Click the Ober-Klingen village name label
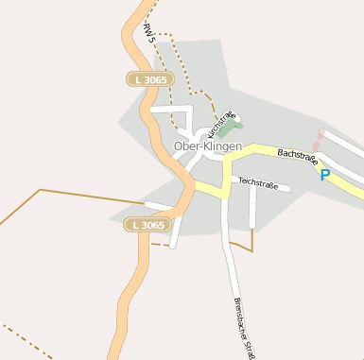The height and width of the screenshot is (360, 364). [208, 147]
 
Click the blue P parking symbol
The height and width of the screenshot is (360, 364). [325, 175]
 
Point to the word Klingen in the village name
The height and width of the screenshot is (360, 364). [223, 147]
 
